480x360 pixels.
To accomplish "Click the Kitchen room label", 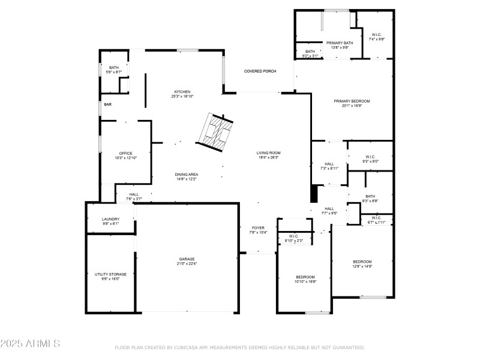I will pos(182,92).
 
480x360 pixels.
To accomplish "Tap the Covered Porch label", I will pos(260,71).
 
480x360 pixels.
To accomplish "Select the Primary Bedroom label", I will pos(352,101).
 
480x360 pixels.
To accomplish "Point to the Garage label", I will pos(186,259).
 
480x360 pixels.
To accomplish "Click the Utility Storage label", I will pos(110,274).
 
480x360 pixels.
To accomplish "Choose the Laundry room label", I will pos(110,219).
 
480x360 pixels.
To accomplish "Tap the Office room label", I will pos(125,153).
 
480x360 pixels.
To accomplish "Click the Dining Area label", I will pos(186,174).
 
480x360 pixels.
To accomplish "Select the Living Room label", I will pos(269,153).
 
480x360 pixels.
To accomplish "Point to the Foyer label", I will pos(258,228).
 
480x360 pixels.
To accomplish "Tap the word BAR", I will pos(108,104).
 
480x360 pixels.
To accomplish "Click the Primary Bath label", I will pos(340,43).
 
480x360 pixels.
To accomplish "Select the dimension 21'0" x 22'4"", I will pos(186,263).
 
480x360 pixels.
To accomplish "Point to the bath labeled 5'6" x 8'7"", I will pos(113,70).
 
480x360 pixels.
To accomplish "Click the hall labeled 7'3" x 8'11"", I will pos(329,166).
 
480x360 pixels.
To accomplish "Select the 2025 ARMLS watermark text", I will pos(30,344).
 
